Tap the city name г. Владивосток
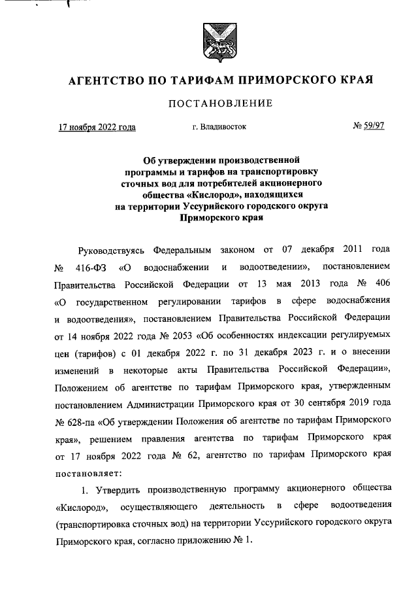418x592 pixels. (219, 127)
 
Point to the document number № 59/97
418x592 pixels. (368, 126)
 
